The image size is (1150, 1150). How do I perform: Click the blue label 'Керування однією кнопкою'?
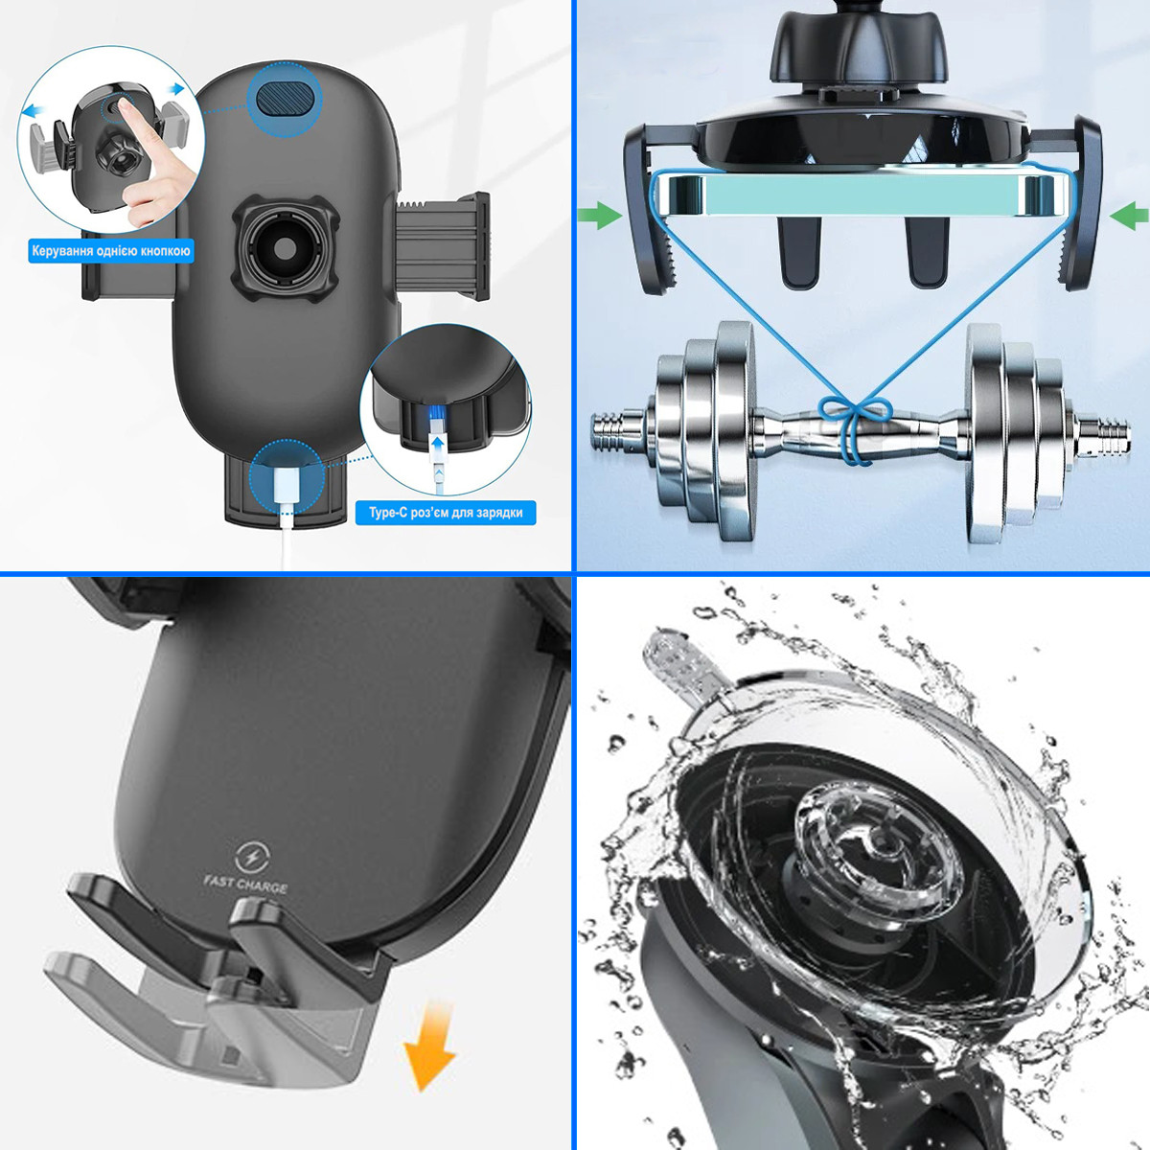point(111,251)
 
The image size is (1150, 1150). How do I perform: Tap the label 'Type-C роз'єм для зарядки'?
point(446,513)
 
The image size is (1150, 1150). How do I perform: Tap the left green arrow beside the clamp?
point(600,216)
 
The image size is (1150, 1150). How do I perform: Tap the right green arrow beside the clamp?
point(1129,216)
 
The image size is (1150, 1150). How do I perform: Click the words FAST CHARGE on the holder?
point(245,885)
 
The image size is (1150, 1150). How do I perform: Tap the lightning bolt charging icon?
point(252,858)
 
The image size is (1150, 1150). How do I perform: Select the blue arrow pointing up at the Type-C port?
point(439,448)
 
